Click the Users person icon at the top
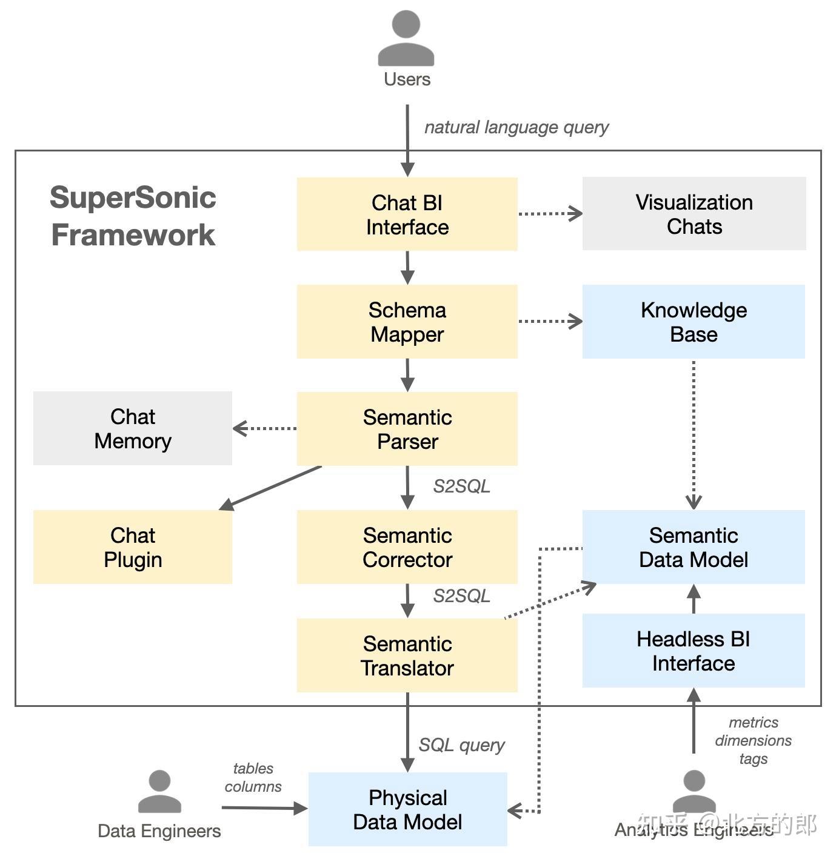click(x=406, y=39)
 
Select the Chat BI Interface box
click(x=407, y=214)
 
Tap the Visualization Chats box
click(x=694, y=214)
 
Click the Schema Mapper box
click(x=407, y=322)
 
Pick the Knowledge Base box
click(x=694, y=322)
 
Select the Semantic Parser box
click(x=407, y=429)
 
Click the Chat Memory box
click(x=132, y=428)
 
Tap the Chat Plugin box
click(x=132, y=547)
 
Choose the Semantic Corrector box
click(x=407, y=547)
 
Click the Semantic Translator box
click(x=407, y=655)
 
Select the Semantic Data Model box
click(x=694, y=547)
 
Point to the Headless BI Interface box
click(x=694, y=651)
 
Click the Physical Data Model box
click(x=407, y=809)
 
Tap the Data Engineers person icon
click(x=159, y=792)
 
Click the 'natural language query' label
click(x=516, y=127)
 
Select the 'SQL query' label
click(x=461, y=745)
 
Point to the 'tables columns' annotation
click(x=253, y=777)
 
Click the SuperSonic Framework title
click(x=133, y=216)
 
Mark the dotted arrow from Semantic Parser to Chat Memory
click(x=265, y=428)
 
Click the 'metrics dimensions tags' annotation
click(x=753, y=740)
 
